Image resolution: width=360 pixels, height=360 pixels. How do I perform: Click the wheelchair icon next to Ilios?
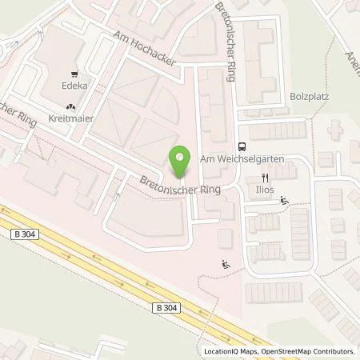(286, 201)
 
